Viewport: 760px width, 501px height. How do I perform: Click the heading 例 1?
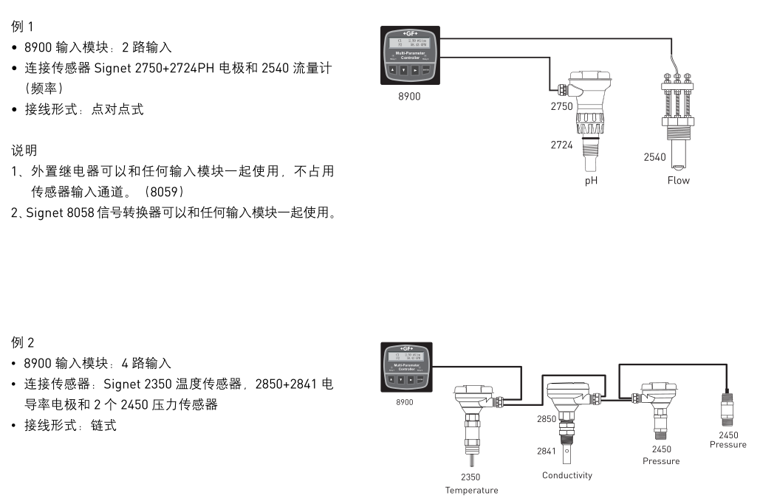[22, 27]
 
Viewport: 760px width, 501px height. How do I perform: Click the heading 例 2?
[22, 343]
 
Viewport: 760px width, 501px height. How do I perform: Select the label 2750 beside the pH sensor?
[561, 106]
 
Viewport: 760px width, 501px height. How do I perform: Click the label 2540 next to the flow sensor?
[654, 157]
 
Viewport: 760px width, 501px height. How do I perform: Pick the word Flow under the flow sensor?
[678, 180]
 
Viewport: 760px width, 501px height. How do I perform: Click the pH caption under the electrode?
[591, 180]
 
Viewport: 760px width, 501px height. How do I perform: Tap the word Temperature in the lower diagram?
[471, 490]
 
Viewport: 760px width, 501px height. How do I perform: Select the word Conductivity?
[567, 475]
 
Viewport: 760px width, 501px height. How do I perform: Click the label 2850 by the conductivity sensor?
[547, 418]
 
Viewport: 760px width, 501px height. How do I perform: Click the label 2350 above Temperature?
[470, 477]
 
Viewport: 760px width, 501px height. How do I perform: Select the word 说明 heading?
[24, 151]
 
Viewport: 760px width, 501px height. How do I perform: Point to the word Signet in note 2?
[45, 214]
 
